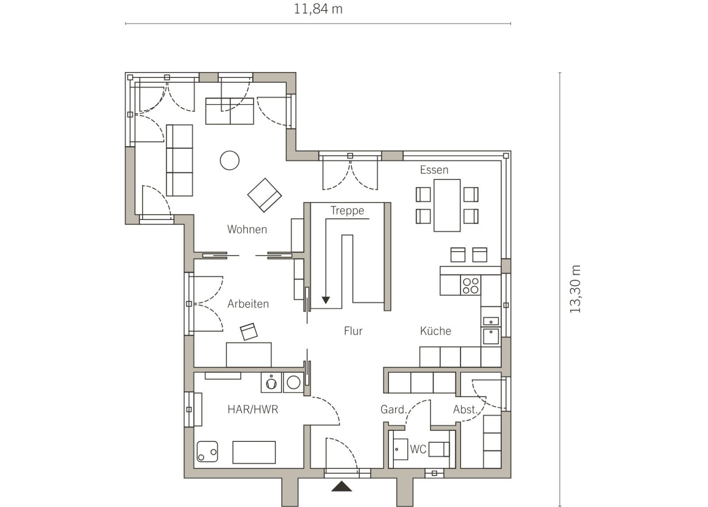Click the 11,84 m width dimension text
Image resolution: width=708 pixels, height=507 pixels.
click(318, 9)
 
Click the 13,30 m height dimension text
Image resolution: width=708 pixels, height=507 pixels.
click(575, 289)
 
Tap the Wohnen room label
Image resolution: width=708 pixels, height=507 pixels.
click(247, 229)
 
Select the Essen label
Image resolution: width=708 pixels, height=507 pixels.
click(434, 170)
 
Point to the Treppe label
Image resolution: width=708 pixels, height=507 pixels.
click(347, 211)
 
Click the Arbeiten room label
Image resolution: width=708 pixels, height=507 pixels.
click(248, 304)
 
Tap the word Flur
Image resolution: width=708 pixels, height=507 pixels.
click(353, 331)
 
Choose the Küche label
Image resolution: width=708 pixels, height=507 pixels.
click(435, 331)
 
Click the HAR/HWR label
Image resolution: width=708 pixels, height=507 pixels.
click(253, 409)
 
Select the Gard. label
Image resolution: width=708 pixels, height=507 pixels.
click(393, 409)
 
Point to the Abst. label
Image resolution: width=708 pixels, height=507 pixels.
click(465, 409)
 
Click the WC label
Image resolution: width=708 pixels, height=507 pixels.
click(418, 449)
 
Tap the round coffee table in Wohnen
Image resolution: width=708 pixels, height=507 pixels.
click(230, 160)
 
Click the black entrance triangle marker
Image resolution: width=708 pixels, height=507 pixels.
click(341, 486)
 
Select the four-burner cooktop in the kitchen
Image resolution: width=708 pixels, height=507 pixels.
click(470, 285)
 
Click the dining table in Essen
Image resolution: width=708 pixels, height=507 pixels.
click(446, 205)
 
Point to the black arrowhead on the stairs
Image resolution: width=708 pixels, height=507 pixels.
click(326, 300)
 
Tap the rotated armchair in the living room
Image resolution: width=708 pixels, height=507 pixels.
click(264, 195)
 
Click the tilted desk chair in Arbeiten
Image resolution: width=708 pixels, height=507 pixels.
click(249, 332)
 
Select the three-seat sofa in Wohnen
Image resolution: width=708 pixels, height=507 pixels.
click(179, 160)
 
